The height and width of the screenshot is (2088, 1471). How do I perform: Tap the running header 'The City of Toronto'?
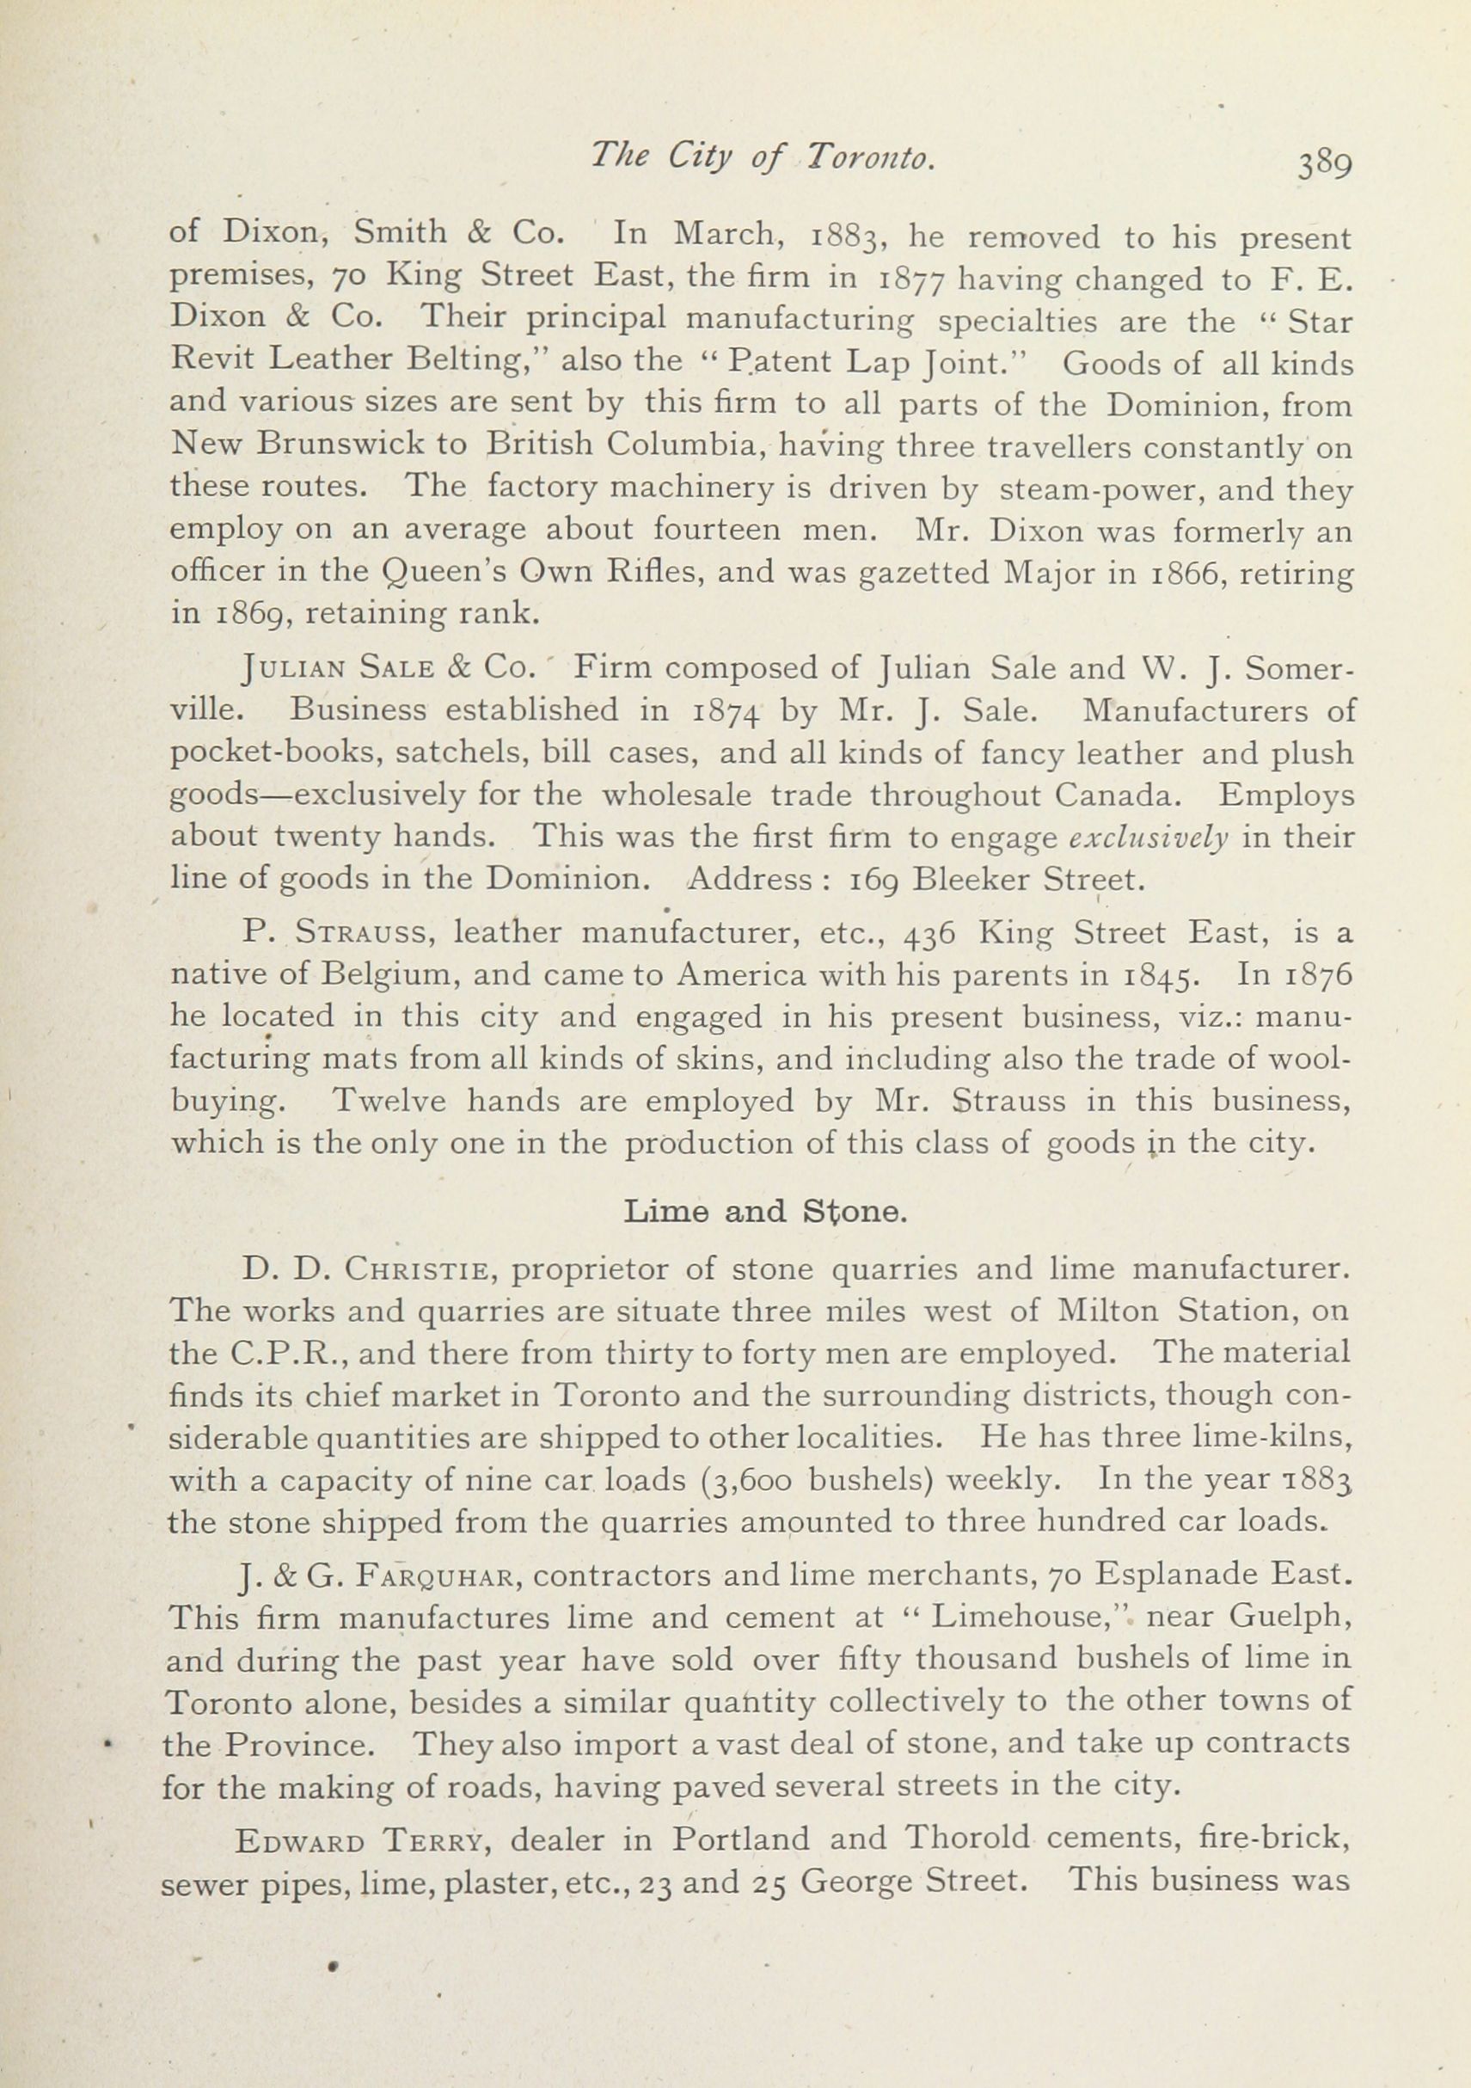[x=762, y=158]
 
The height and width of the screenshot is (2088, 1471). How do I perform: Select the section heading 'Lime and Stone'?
[x=764, y=1212]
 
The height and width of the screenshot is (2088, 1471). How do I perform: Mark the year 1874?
[x=726, y=711]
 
